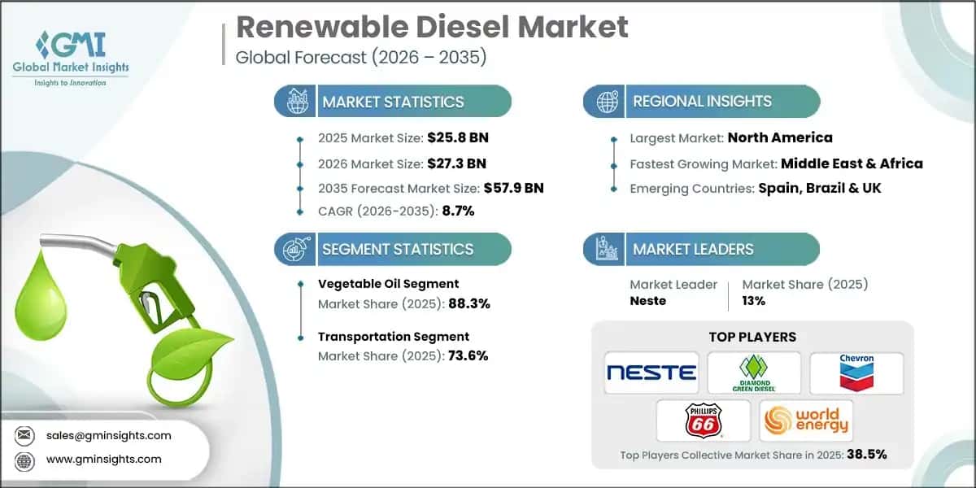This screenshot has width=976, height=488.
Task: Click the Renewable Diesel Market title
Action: click(x=432, y=27)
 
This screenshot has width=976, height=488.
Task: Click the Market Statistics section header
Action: click(x=393, y=102)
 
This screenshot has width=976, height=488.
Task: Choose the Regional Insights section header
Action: click(x=702, y=102)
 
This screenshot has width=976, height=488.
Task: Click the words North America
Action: click(x=780, y=137)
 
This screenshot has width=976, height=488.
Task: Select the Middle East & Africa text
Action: click(x=852, y=163)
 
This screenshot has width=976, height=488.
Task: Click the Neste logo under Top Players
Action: click(x=651, y=373)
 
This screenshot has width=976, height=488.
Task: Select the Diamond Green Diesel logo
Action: click(x=753, y=373)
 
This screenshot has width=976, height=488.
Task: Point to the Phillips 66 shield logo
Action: click(x=703, y=420)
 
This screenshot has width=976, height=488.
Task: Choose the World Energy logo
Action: click(x=805, y=420)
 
